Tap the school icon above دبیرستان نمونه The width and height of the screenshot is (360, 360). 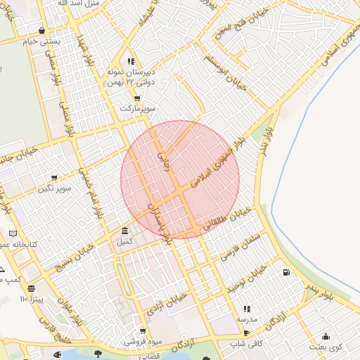click(x=131, y=61)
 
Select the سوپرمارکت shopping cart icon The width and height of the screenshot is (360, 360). click(x=136, y=98)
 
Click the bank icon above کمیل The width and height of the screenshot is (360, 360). click(x=124, y=231)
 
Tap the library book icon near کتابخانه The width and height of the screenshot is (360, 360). click(x=13, y=233)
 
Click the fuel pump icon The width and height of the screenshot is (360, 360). click(x=286, y=272)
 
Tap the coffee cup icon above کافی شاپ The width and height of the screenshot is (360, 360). click(x=246, y=332)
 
